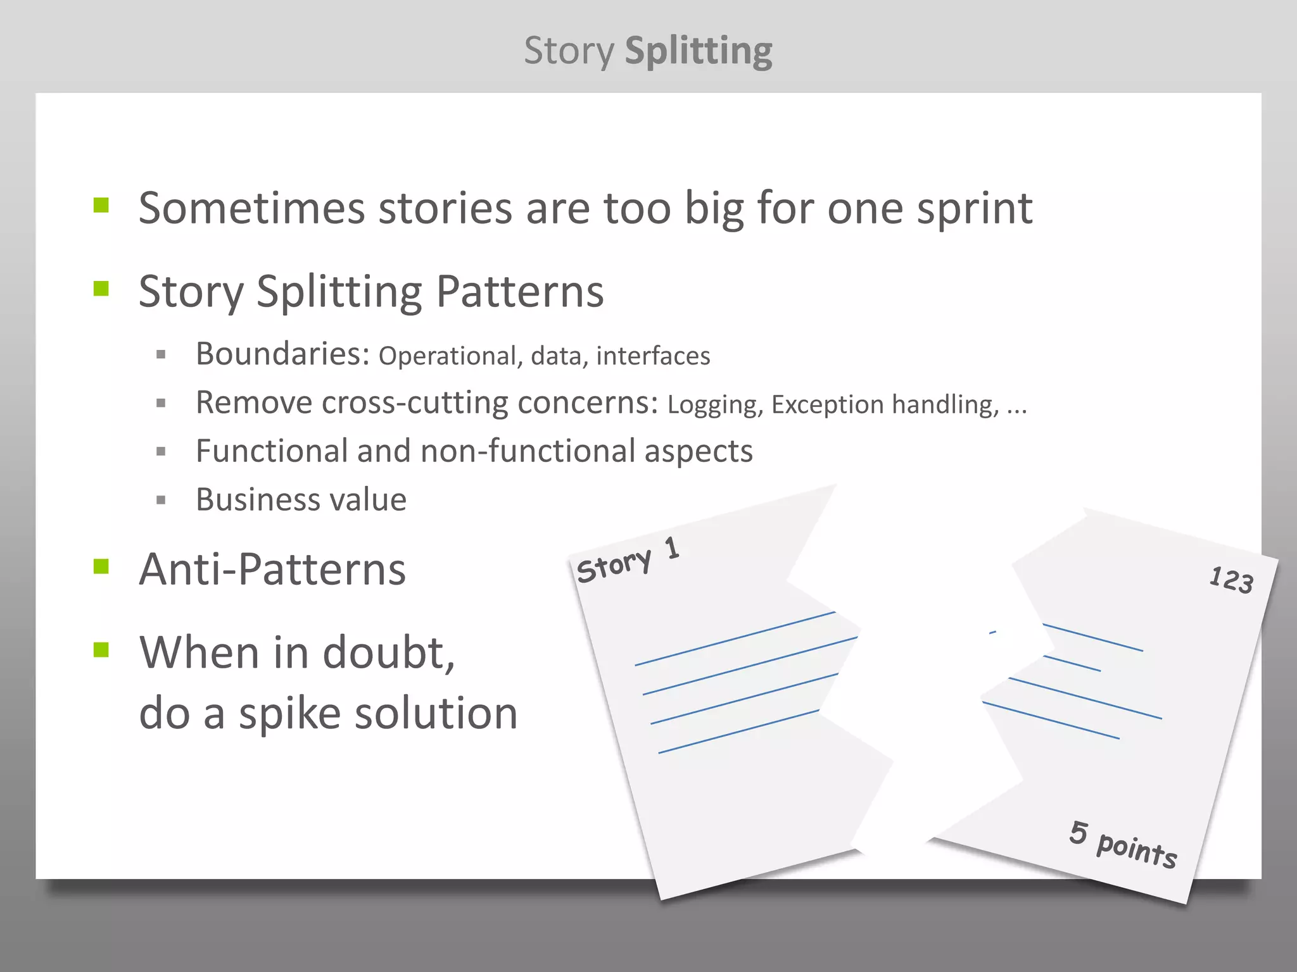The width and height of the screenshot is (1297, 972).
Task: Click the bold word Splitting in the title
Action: tap(698, 51)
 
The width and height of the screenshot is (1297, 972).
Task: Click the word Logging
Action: tap(713, 404)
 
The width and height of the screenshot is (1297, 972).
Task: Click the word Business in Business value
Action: tap(253, 499)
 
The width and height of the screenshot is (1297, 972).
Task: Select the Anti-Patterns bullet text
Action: tap(272, 570)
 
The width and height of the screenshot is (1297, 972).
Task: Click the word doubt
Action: tap(388, 652)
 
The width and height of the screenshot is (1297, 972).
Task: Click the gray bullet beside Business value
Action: tap(161, 500)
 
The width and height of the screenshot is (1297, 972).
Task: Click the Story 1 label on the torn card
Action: tap(627, 559)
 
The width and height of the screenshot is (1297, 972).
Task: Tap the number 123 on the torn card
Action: tap(1231, 580)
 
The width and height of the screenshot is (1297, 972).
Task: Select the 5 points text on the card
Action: tap(1123, 844)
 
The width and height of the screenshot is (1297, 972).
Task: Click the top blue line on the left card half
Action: tap(735, 639)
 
